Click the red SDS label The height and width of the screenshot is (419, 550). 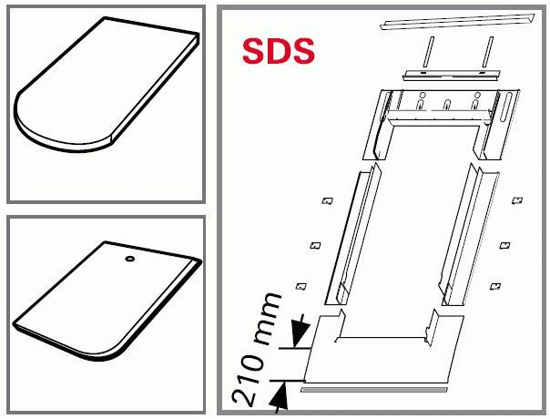point(278,51)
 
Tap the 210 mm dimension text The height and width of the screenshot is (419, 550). point(257,348)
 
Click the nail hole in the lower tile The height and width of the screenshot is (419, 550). point(130,259)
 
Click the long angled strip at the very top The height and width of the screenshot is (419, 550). point(458,22)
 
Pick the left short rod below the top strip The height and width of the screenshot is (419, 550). point(428,51)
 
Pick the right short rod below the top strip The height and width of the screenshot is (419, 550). point(487,51)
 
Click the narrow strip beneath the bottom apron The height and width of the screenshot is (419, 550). point(374,390)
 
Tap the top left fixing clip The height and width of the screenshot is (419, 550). point(328,200)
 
